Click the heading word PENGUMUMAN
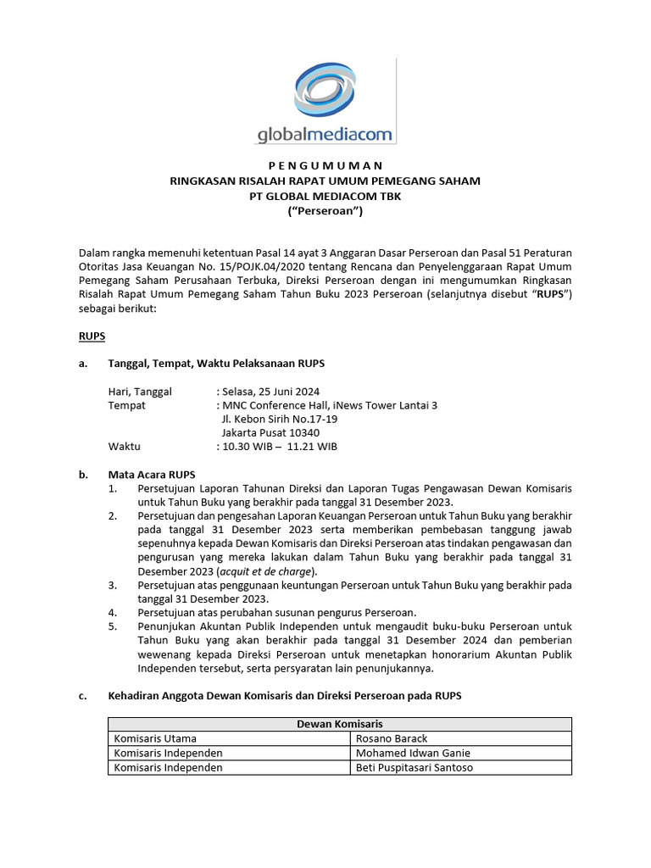tap(325, 165)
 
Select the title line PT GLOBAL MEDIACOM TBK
tap(325, 197)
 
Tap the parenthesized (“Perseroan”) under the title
tap(325, 212)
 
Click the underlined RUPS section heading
tap(92, 336)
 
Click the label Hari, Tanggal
tap(140, 391)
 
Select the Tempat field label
tap(126, 405)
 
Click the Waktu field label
tap(124, 447)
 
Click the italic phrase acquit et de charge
tap(278, 571)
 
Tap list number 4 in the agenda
tap(113, 613)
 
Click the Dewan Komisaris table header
tap(339, 724)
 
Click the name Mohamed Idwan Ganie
tap(413, 753)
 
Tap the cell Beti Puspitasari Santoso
tap(415, 767)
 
